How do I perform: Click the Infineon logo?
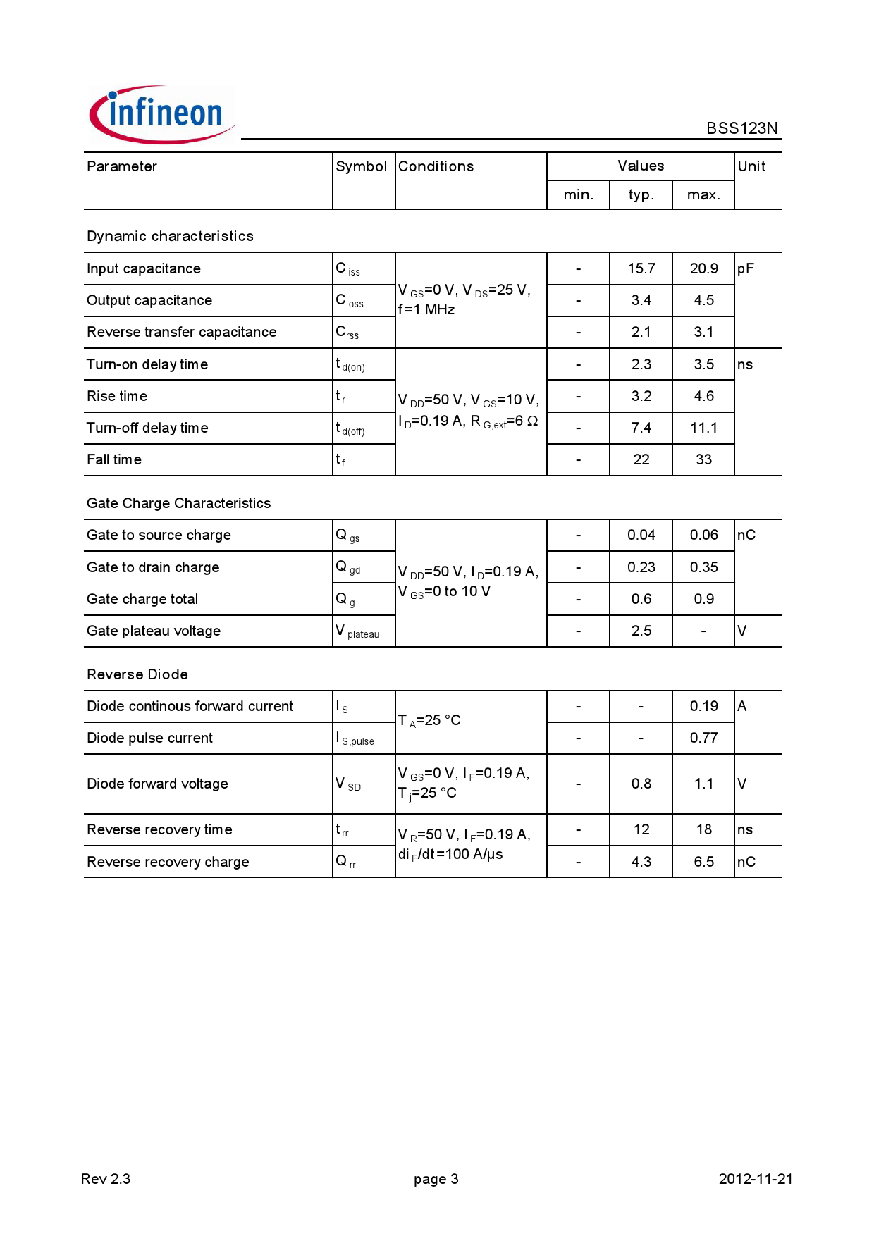point(161,115)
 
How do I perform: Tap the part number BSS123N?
point(741,128)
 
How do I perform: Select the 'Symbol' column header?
point(361,166)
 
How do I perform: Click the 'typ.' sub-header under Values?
point(641,194)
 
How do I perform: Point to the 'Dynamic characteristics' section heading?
point(170,236)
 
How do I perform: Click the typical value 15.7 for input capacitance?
point(641,268)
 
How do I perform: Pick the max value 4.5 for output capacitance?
point(703,300)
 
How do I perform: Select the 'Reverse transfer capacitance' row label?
point(181,332)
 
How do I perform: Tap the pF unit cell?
point(745,268)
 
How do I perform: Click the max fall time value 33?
point(703,459)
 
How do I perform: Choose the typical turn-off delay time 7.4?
point(641,428)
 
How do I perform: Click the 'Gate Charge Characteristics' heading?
point(178,503)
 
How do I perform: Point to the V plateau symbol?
point(357,631)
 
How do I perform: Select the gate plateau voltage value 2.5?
point(641,631)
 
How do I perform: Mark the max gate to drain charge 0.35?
point(703,567)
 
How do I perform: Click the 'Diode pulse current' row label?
point(149,738)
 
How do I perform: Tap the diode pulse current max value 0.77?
point(703,738)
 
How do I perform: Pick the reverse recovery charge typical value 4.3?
point(641,862)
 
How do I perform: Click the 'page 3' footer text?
point(436,1179)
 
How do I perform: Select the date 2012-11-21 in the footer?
point(755,1179)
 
